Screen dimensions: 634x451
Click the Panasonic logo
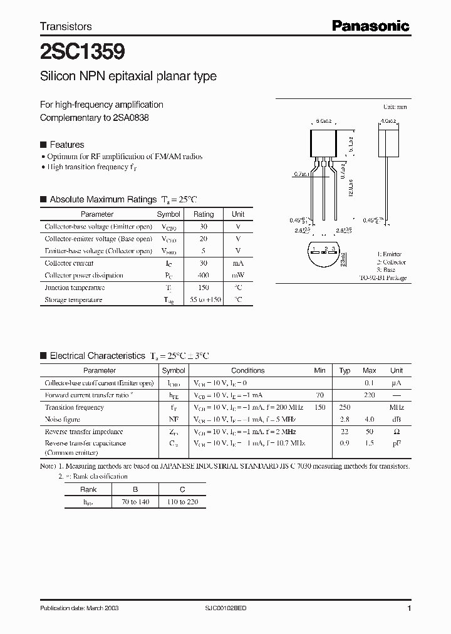pyautogui.click(x=370, y=26)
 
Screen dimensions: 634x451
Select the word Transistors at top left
pyautogui.click(x=66, y=26)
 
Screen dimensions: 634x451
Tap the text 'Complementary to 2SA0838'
pyautogui.click(x=95, y=118)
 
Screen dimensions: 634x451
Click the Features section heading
pyautogui.click(x=66, y=144)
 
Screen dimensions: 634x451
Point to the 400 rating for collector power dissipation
pyautogui.click(x=204, y=275)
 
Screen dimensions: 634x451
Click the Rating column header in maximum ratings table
pyautogui.click(x=204, y=214)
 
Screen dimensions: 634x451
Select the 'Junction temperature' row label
pyautogui.click(x=75, y=288)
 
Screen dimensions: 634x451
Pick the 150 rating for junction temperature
pyautogui.click(x=204, y=288)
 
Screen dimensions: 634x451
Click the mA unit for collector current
pyautogui.click(x=238, y=263)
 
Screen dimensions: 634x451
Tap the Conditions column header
pyautogui.click(x=247, y=370)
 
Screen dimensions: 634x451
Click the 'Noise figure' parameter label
pyautogui.click(x=62, y=419)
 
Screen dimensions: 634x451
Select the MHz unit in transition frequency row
pyautogui.click(x=396, y=407)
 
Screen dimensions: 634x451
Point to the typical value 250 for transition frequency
pyautogui.click(x=345, y=407)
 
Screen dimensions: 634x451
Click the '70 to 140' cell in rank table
pyautogui.click(x=135, y=502)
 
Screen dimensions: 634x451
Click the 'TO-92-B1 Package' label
pyautogui.click(x=383, y=278)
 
